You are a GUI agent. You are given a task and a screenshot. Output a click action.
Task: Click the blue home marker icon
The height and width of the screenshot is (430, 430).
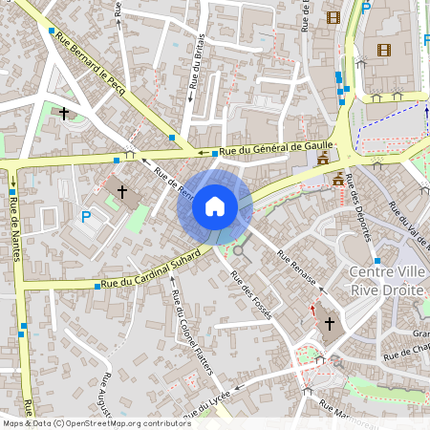point(215,206)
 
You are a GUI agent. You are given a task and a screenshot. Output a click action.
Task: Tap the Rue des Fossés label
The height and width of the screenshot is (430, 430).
point(250,293)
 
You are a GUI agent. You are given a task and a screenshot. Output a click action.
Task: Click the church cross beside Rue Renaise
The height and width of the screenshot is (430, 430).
point(329,324)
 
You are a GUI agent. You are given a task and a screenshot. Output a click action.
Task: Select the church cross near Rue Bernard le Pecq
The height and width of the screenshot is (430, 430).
point(64,114)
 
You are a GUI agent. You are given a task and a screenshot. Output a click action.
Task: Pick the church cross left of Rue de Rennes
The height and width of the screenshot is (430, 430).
point(121,192)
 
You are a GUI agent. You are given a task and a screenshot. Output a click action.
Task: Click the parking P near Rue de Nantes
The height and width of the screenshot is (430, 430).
point(86,218)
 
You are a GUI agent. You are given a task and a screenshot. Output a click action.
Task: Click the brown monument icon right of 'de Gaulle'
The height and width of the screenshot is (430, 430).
point(324,158)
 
